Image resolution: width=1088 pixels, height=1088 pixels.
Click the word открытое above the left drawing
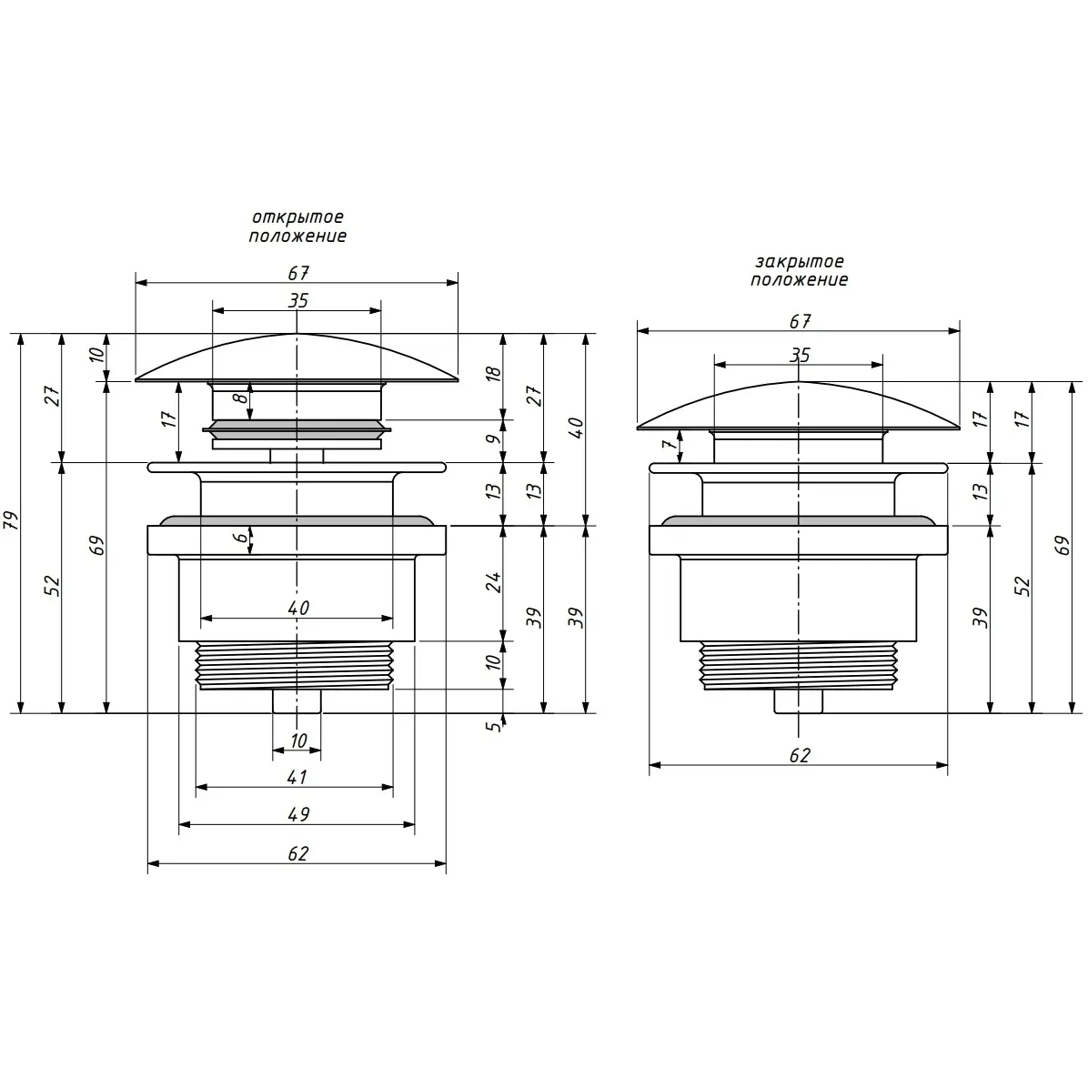point(297,217)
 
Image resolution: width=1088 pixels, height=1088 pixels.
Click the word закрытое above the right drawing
point(800,262)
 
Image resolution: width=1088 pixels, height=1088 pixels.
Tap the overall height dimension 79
point(12,520)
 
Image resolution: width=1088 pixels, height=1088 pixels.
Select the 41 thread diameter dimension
point(297,777)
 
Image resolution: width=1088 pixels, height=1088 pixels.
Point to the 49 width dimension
point(298,814)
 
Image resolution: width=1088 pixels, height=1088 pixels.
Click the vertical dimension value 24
point(493,581)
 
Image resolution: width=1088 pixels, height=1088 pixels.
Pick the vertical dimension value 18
point(493,373)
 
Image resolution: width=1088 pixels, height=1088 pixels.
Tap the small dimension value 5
point(492,727)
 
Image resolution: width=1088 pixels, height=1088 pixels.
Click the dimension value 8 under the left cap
point(239,398)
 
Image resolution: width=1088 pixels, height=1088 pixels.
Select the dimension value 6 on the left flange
point(239,537)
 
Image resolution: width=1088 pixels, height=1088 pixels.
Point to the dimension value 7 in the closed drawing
point(669,445)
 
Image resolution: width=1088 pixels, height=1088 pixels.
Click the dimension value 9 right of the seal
point(492,439)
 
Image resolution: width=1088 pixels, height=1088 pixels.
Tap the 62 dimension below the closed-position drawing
point(800,755)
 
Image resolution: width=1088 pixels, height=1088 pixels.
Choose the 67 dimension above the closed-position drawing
point(800,321)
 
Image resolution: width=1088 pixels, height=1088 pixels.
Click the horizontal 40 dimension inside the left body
point(298,608)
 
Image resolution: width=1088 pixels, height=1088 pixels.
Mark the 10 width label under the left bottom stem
point(298,741)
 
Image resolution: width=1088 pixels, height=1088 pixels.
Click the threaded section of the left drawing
point(296,665)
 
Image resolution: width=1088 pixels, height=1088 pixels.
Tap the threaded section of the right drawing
point(798,665)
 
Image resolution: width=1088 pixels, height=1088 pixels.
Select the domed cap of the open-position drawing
point(297,358)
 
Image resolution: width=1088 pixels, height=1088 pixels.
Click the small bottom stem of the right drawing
point(799,700)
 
